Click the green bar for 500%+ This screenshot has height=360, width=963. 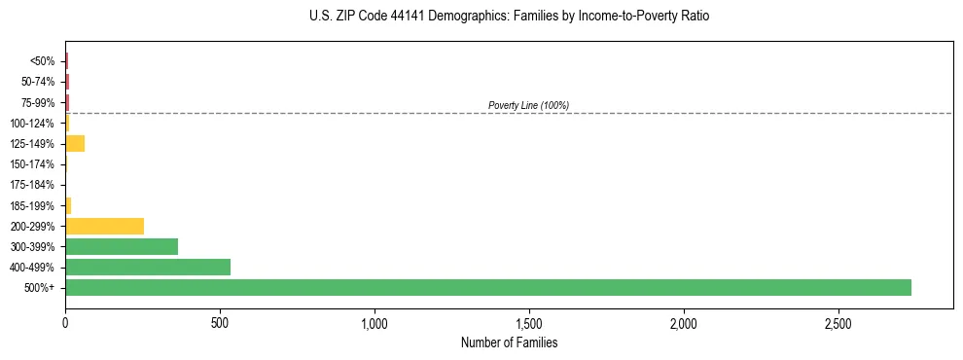pos(488,287)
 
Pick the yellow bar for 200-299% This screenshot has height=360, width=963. pos(104,226)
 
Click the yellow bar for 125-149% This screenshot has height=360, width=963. pos(75,144)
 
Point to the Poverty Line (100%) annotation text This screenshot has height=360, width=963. pos(528,105)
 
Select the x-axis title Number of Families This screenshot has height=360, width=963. pos(509,342)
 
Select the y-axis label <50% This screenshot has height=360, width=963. pos(43,61)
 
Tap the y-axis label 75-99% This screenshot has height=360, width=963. pos(38,102)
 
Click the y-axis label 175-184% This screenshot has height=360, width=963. pos(34,185)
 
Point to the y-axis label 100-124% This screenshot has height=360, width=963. pos(34,124)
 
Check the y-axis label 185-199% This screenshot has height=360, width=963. pos(34,205)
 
